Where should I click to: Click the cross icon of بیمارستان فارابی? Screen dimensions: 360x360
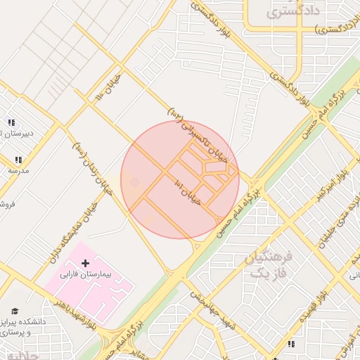click(86, 263)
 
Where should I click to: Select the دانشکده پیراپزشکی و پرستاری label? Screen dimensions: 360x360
click(27, 326)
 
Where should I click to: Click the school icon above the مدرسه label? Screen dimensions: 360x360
click(18, 160)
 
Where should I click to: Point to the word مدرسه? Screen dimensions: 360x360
click(18, 171)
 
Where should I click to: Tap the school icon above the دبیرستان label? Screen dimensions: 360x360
click(10, 122)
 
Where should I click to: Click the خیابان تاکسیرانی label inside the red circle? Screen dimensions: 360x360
click(199, 134)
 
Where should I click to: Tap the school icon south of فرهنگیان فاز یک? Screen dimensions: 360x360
click(290, 344)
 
